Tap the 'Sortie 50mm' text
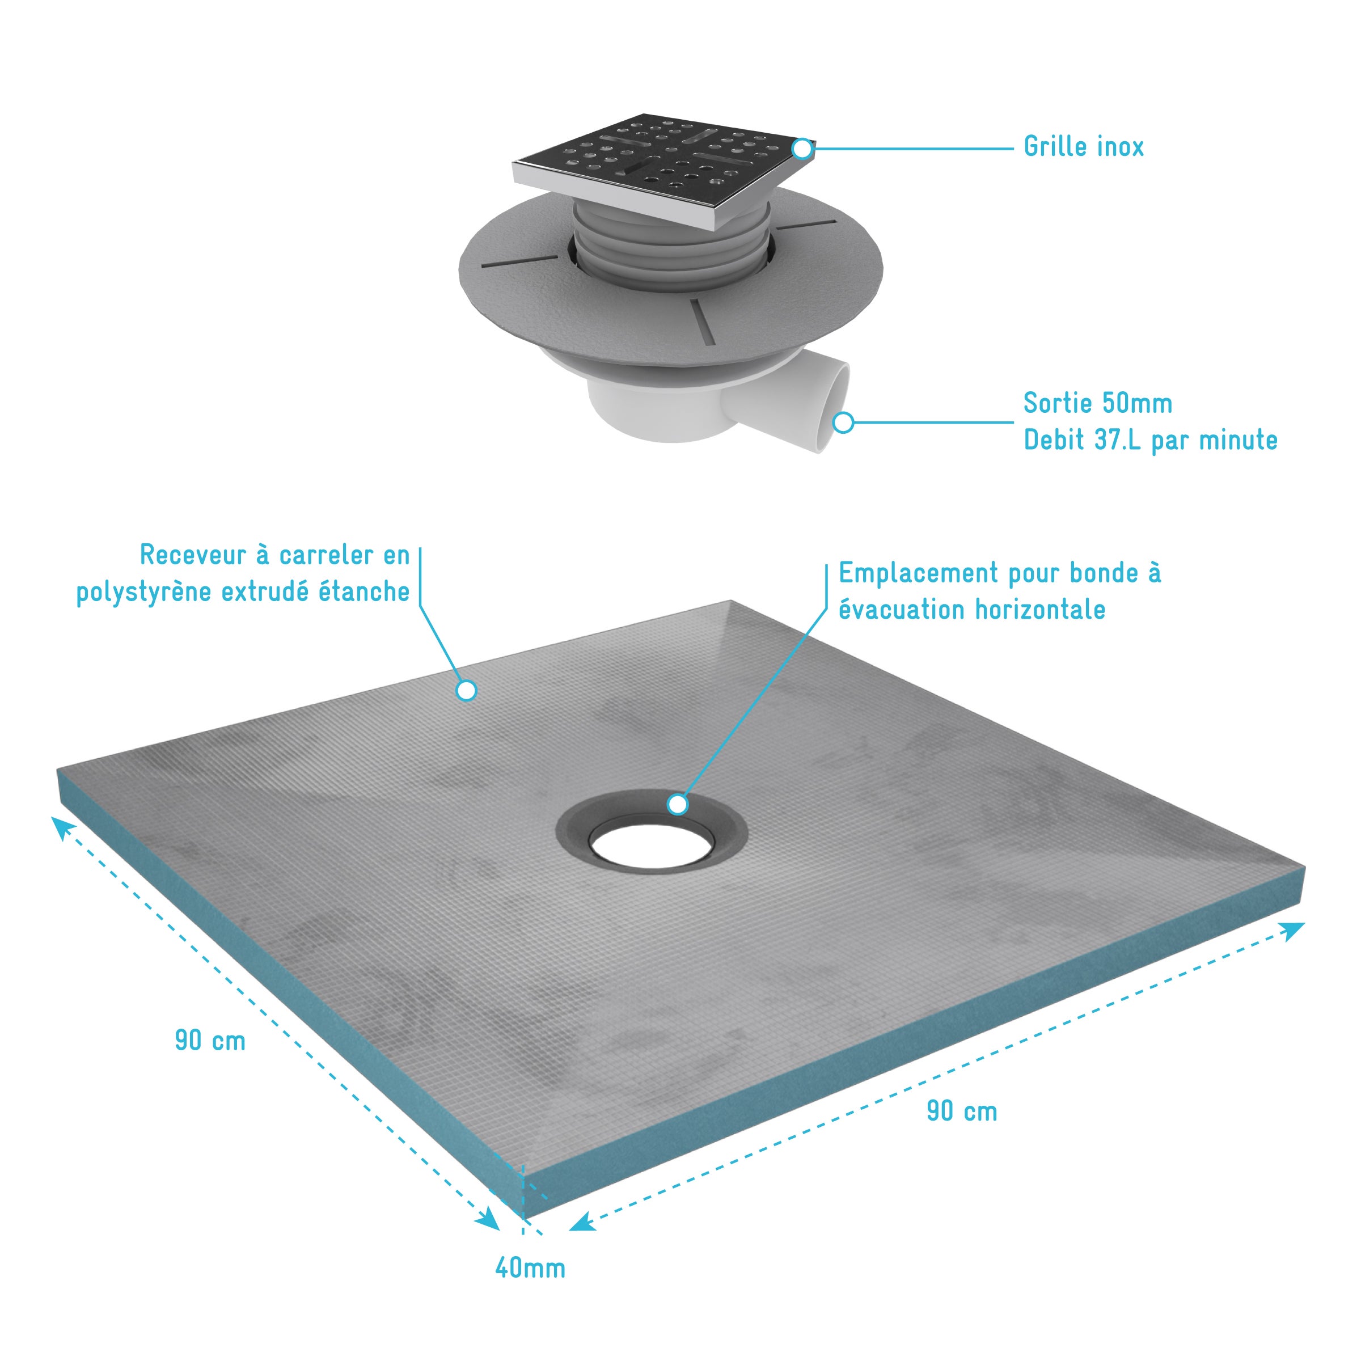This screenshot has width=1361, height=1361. point(1097,404)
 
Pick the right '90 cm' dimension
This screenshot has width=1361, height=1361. point(962,1111)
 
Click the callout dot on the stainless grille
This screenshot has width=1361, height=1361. point(802,149)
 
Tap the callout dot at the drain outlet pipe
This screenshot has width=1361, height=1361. point(843,422)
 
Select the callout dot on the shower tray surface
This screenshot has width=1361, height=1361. point(466,690)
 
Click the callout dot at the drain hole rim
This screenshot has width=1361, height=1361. point(678,804)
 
